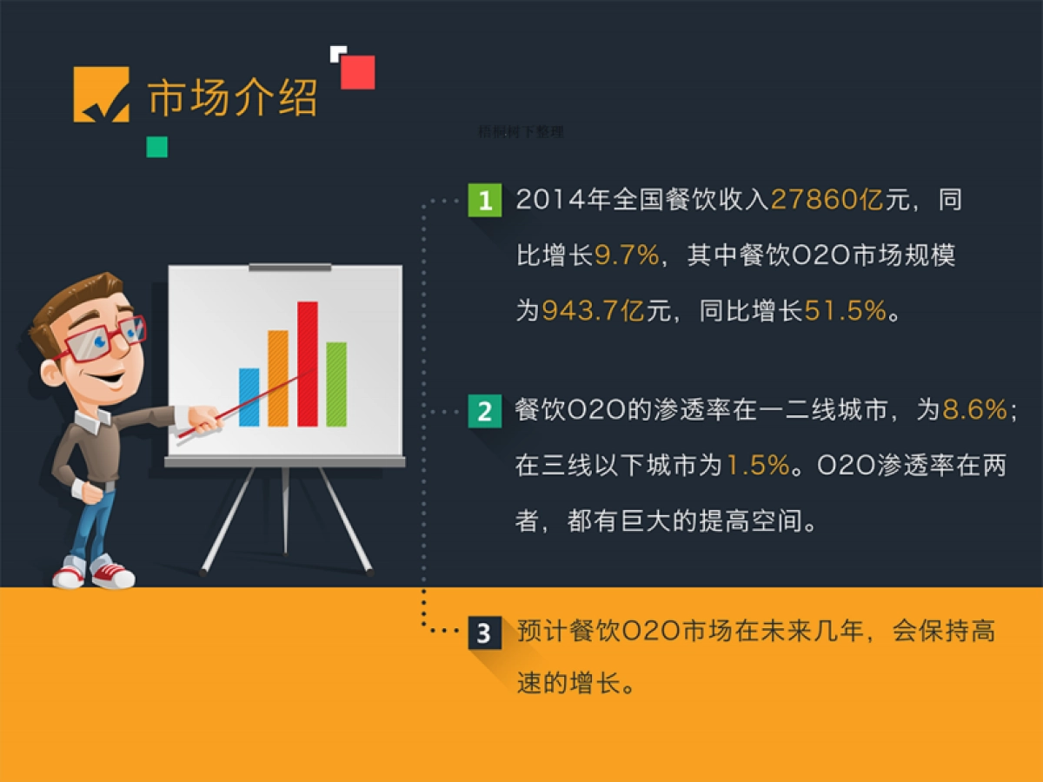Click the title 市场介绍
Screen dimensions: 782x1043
(x=233, y=97)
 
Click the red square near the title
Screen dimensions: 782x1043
(x=357, y=73)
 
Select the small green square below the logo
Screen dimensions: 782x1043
(x=156, y=147)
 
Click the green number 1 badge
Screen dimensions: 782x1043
(x=484, y=201)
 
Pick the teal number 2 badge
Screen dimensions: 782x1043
(x=484, y=411)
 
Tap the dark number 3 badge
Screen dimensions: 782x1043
(x=484, y=633)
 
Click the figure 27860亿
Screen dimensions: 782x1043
(x=827, y=201)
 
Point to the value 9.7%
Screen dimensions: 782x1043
(x=627, y=255)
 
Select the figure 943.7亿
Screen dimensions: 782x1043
(x=593, y=310)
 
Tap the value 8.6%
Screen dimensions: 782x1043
(x=974, y=411)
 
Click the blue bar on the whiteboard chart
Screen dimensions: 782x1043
(x=249, y=397)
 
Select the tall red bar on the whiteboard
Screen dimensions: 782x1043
(x=308, y=364)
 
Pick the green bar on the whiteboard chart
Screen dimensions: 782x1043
(x=336, y=384)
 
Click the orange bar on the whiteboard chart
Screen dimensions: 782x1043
(x=278, y=378)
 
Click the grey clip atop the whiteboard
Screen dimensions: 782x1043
(x=289, y=267)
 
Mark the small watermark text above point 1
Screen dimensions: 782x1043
(x=521, y=132)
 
